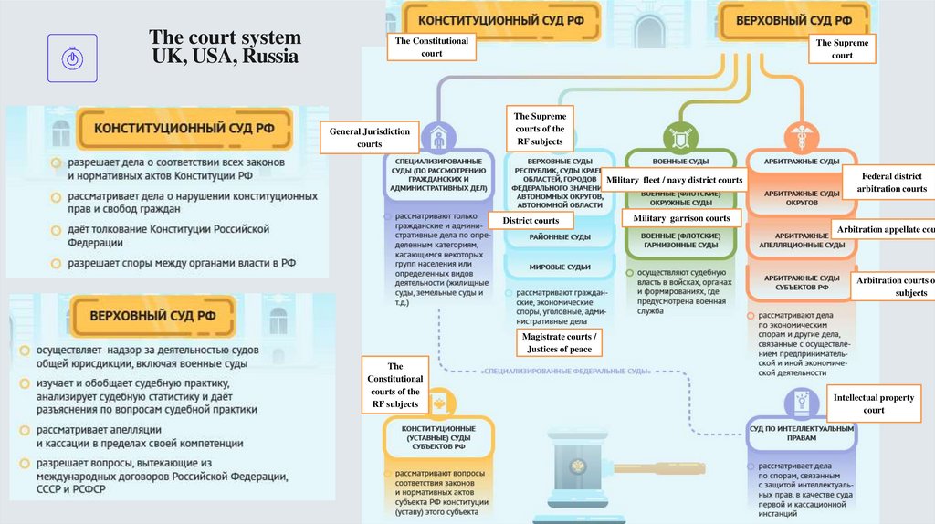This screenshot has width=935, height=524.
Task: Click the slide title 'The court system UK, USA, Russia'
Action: click(x=225, y=47)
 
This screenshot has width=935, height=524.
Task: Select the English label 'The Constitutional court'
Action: click(x=432, y=47)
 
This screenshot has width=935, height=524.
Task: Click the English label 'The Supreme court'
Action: click(x=842, y=48)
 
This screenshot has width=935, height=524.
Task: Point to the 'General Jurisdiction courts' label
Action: click(x=369, y=138)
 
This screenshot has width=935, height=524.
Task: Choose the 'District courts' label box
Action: click(x=531, y=221)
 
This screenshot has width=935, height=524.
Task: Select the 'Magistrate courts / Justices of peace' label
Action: click(x=557, y=342)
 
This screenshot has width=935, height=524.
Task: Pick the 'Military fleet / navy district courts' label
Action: click(x=675, y=180)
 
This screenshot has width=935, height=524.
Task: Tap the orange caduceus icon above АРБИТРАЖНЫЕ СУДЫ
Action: click(x=800, y=138)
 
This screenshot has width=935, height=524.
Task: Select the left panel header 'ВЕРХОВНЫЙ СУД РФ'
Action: click(x=152, y=316)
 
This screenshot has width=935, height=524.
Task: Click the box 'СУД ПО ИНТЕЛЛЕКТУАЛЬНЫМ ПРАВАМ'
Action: click(x=801, y=433)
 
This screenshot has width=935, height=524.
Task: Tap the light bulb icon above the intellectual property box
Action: click(x=800, y=403)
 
